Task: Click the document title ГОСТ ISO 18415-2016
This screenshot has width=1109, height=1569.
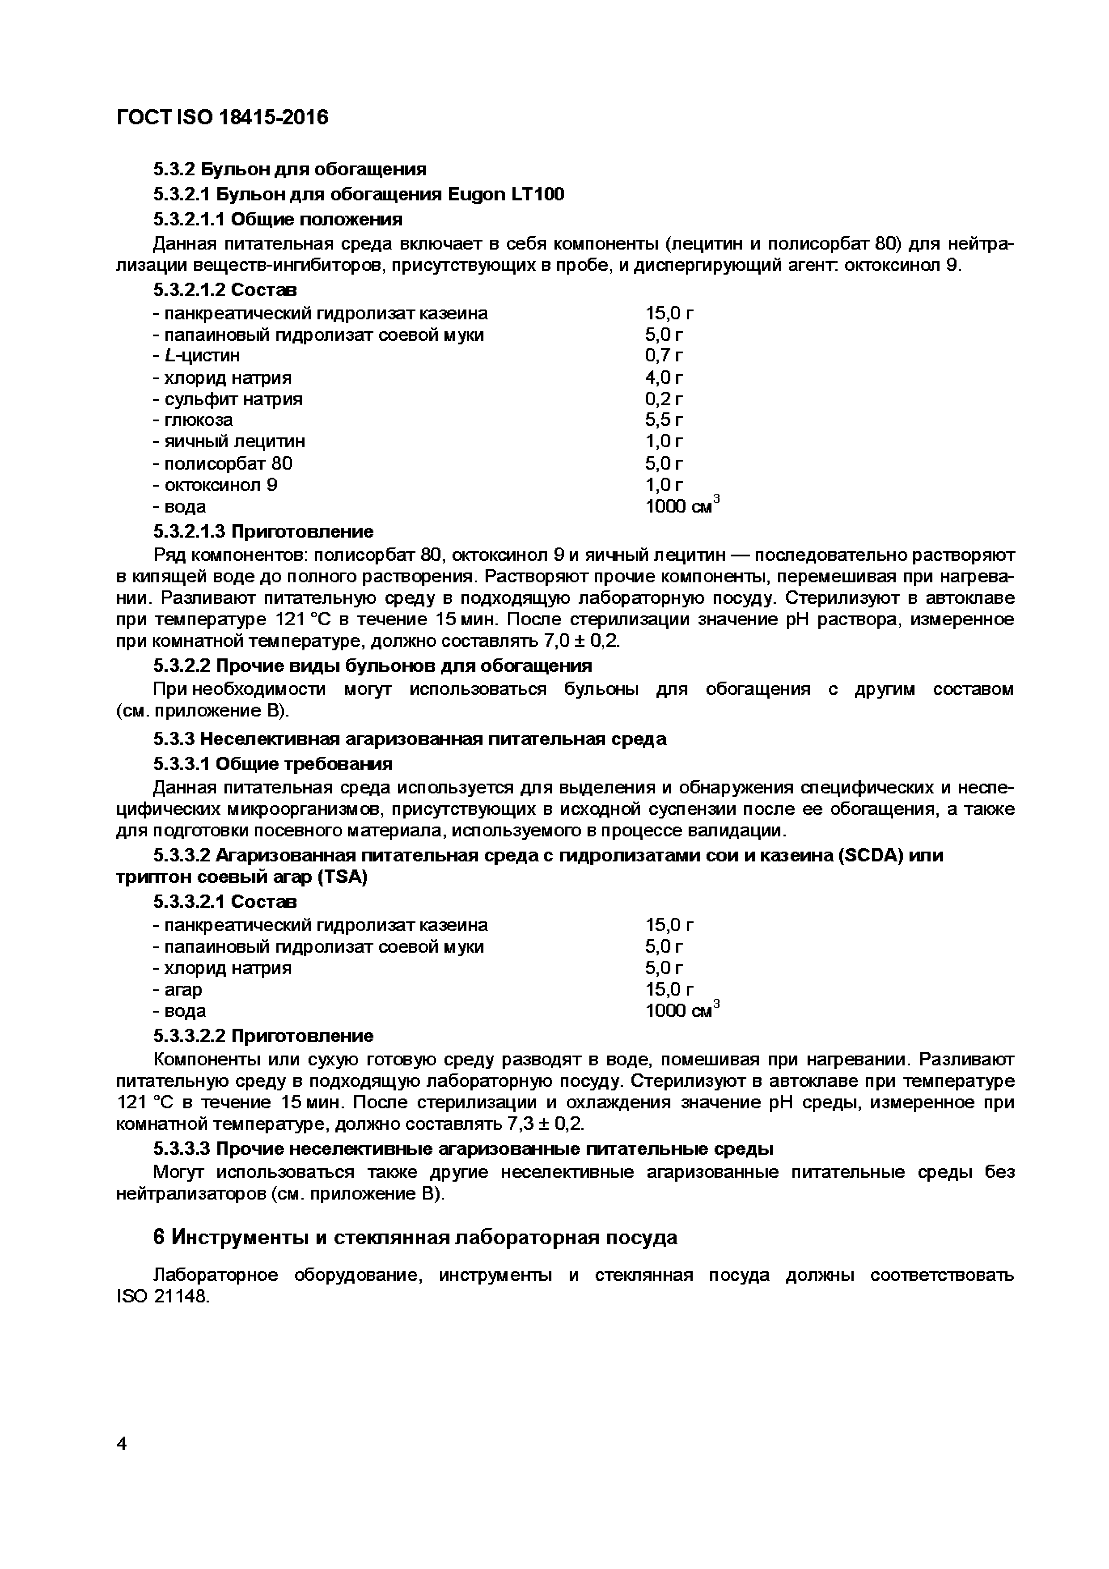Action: (222, 118)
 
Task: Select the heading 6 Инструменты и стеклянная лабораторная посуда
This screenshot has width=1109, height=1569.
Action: (415, 1237)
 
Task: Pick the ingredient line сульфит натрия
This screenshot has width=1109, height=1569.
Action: (228, 399)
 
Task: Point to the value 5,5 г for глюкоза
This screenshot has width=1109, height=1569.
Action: (664, 420)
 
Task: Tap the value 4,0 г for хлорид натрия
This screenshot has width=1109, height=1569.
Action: (664, 377)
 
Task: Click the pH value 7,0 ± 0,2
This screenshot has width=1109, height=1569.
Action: (581, 641)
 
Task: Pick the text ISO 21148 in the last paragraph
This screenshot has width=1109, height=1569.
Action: (162, 1296)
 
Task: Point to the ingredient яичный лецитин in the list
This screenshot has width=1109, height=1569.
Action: (229, 441)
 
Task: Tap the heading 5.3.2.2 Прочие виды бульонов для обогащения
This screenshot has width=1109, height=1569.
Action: (372, 665)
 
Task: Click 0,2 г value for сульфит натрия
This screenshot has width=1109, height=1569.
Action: (664, 399)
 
